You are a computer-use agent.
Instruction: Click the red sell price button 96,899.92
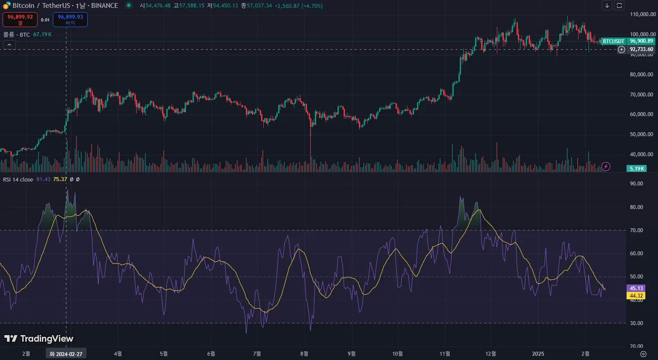20,19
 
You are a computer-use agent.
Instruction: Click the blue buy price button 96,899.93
70,19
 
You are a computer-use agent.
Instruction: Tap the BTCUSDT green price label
613,41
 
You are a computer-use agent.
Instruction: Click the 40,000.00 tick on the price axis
641,154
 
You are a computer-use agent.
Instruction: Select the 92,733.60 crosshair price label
641,50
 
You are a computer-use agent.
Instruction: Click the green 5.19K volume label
637,169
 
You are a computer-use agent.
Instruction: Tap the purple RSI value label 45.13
636,288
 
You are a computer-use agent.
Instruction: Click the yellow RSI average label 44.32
636,296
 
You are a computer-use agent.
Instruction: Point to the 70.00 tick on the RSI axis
637,230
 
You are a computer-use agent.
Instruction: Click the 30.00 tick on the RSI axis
637,323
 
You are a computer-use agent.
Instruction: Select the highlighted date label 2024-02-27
66,354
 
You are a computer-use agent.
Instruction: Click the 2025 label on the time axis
538,354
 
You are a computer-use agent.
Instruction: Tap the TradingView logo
39,339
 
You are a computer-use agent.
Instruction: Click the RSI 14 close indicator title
18,179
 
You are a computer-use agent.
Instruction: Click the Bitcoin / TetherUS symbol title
41,6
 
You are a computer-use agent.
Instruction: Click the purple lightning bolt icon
606,166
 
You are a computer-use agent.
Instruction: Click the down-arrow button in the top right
607,6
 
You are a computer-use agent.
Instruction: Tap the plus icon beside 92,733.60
621,50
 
